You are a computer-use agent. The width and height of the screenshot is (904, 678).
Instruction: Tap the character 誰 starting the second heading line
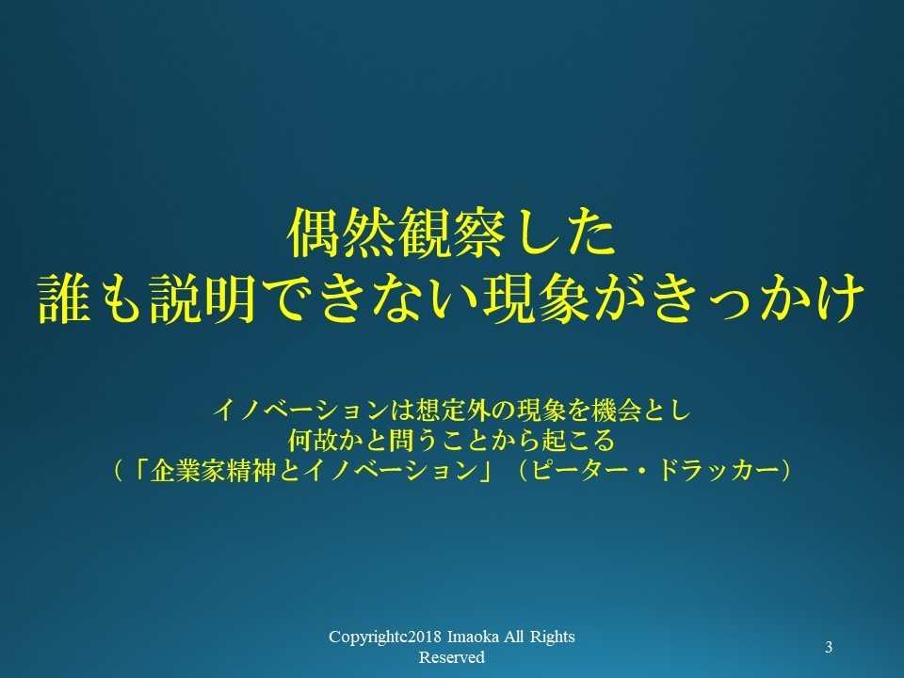[x=64, y=299]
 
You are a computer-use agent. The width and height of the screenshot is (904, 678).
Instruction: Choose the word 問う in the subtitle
[x=402, y=441]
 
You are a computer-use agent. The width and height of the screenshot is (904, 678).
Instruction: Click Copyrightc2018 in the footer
[x=386, y=638]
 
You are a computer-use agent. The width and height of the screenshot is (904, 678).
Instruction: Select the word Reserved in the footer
[x=451, y=657]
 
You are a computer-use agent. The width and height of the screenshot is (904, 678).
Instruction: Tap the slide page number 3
[x=829, y=648]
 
